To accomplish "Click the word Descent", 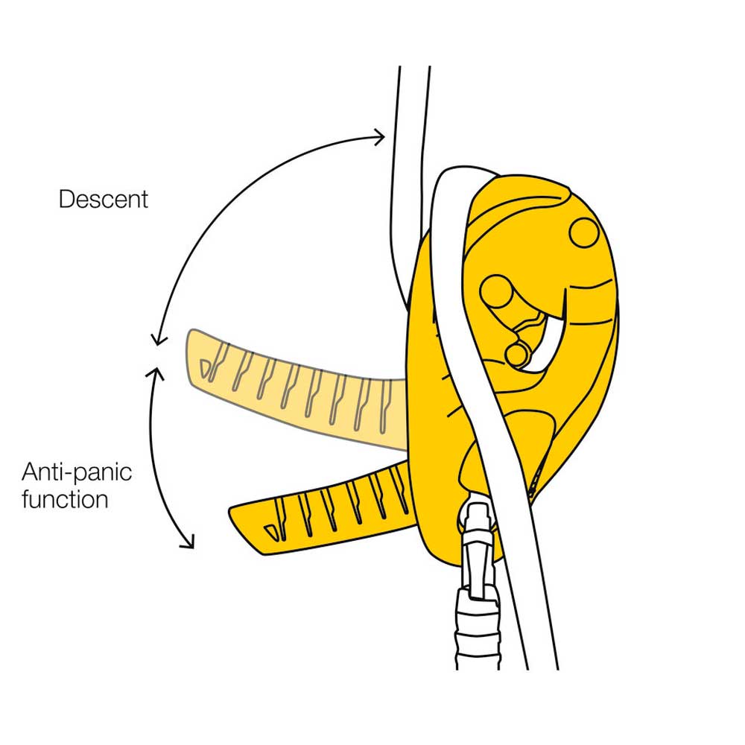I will coord(104,200).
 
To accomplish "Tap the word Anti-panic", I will coord(77,472).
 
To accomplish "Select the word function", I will coord(65,498).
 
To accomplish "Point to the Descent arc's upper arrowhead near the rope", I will coord(381,136).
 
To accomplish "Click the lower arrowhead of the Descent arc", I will coord(156,341).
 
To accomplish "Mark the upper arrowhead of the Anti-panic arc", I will coord(156,370).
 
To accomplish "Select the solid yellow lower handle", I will coord(328,507).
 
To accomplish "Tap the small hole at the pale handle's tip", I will coord(205,364).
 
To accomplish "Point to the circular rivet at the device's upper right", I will coord(584,232).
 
